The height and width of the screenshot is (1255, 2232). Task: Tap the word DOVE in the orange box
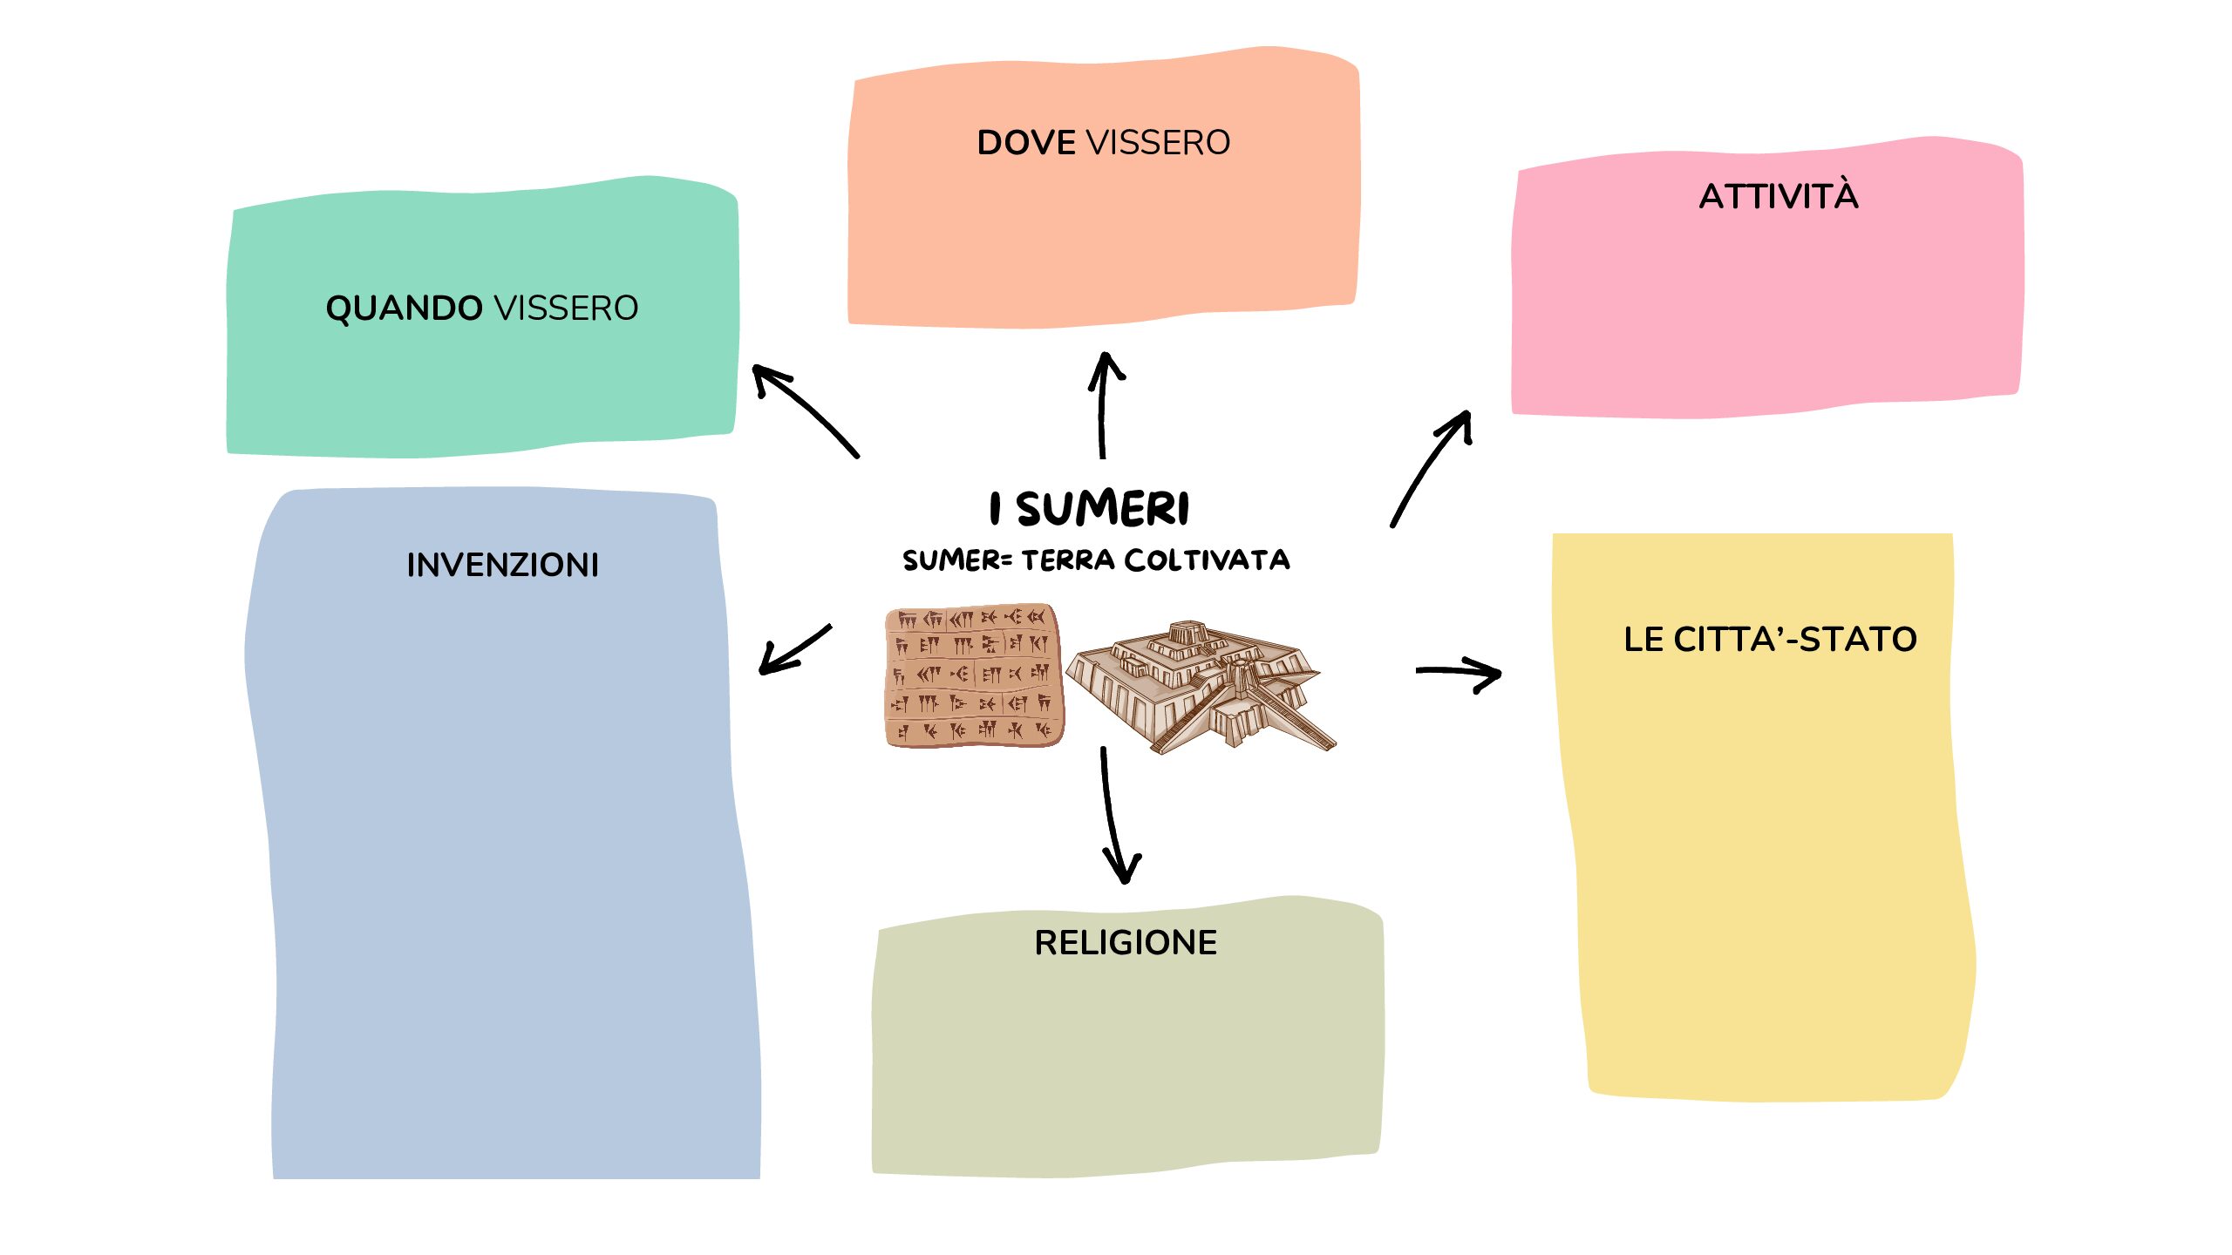tap(1025, 143)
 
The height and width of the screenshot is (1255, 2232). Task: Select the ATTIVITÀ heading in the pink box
tap(1779, 196)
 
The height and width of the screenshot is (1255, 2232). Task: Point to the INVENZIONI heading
tap(503, 565)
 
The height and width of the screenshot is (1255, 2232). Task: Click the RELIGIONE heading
tap(1126, 942)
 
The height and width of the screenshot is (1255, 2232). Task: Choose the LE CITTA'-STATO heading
tap(1770, 639)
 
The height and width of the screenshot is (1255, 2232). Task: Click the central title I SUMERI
tap(1090, 508)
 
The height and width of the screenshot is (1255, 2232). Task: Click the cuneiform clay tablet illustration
tap(974, 675)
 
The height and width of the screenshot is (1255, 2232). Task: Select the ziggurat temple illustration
tap(1199, 689)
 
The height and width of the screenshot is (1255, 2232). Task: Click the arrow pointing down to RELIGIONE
tap(1114, 815)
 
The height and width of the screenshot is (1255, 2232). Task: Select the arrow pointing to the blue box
tap(793, 650)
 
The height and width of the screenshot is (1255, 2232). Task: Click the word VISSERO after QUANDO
tap(567, 309)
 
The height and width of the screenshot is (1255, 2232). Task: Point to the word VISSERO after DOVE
tap(1158, 143)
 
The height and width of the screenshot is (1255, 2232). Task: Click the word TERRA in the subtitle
tap(1068, 560)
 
